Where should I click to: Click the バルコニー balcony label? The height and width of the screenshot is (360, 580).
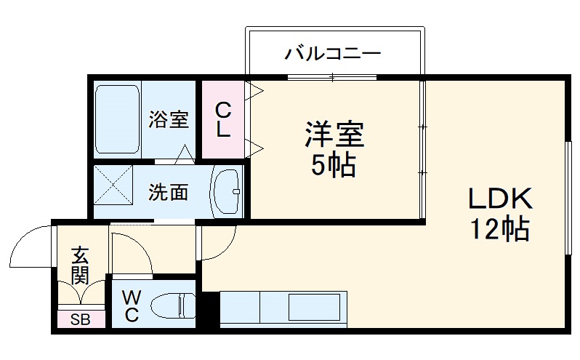tap(333, 52)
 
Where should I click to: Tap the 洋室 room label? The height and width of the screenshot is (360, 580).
tap(334, 134)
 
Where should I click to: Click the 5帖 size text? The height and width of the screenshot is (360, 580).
tap(334, 167)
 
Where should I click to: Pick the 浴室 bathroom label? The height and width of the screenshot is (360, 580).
tap(169, 119)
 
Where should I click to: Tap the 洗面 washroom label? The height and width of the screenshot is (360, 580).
tap(169, 193)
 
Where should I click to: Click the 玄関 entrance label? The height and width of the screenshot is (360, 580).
tap(79, 265)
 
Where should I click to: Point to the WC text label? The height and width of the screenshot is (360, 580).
tap(131, 305)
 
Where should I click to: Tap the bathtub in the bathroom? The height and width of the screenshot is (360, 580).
tap(117, 119)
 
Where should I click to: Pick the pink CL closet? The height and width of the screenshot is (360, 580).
tap(223, 120)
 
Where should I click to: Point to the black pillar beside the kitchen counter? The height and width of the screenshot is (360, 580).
tap(209, 308)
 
